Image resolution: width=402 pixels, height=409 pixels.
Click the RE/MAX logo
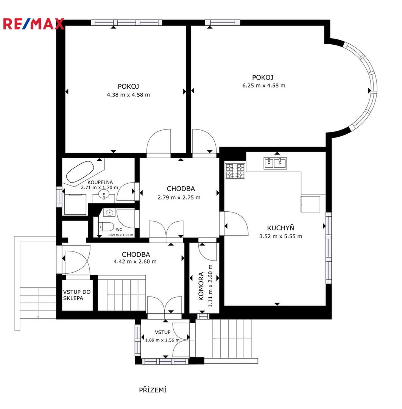tap(33, 24)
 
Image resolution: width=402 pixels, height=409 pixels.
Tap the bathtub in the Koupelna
tap(80, 172)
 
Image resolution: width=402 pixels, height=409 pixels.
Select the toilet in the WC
tap(106, 226)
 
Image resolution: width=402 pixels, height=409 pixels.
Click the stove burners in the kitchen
tap(235, 171)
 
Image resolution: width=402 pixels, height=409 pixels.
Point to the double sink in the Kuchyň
tap(275, 163)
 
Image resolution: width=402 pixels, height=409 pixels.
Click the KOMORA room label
tap(201, 286)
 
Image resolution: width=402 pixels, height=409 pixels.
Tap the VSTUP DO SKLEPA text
tap(76, 295)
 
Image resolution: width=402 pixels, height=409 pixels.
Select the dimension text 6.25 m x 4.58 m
tap(264, 85)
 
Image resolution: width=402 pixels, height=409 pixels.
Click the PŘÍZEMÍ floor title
tap(153, 390)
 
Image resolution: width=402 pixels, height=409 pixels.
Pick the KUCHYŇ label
tap(280, 228)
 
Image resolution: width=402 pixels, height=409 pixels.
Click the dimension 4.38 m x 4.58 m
tap(128, 95)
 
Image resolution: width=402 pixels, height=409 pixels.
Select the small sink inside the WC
tap(109, 212)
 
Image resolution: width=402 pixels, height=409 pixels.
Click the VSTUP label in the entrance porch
tap(163, 332)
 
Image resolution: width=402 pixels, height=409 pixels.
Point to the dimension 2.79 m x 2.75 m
tap(179, 197)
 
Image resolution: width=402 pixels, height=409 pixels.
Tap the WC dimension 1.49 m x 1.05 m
tap(121, 235)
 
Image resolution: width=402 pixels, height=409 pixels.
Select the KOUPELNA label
tap(100, 182)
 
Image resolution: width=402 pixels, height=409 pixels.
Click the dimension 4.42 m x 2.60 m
tap(135, 261)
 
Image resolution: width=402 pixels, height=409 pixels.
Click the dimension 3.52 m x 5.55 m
tap(281, 236)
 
